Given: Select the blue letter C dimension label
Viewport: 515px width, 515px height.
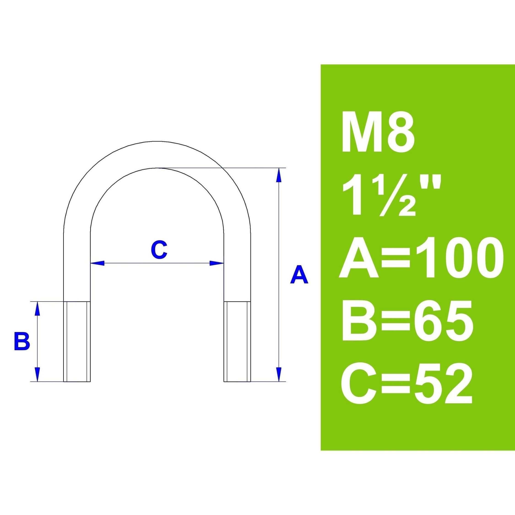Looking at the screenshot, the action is pyautogui.click(x=159, y=250).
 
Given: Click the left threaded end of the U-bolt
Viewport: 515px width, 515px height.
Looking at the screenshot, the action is pyautogui.click(x=77, y=342).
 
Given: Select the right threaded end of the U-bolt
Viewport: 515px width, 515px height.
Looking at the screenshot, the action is pyautogui.click(x=237, y=342).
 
